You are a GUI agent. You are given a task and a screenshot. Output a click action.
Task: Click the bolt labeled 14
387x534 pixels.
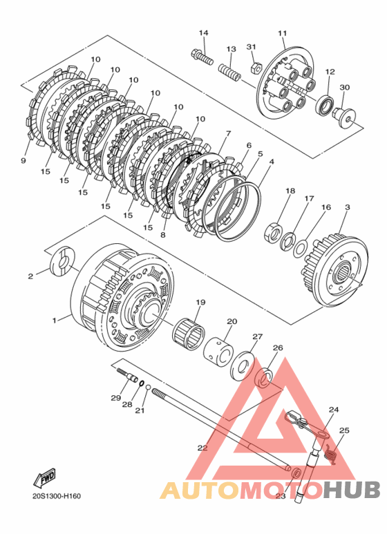pos(202,57)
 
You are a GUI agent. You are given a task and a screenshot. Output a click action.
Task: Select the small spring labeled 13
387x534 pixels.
pos(230,72)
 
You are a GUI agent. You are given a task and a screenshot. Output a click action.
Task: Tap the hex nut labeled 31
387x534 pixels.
pos(255,68)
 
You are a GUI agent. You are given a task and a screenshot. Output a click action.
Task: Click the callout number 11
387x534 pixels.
pos(282,33)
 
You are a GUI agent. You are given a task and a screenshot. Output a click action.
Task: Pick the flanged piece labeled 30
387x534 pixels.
pos(344,117)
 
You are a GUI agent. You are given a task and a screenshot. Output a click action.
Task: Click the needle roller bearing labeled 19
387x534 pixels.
pos(189,333)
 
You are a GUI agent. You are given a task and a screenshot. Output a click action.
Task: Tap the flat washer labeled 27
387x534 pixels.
pos(242,366)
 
